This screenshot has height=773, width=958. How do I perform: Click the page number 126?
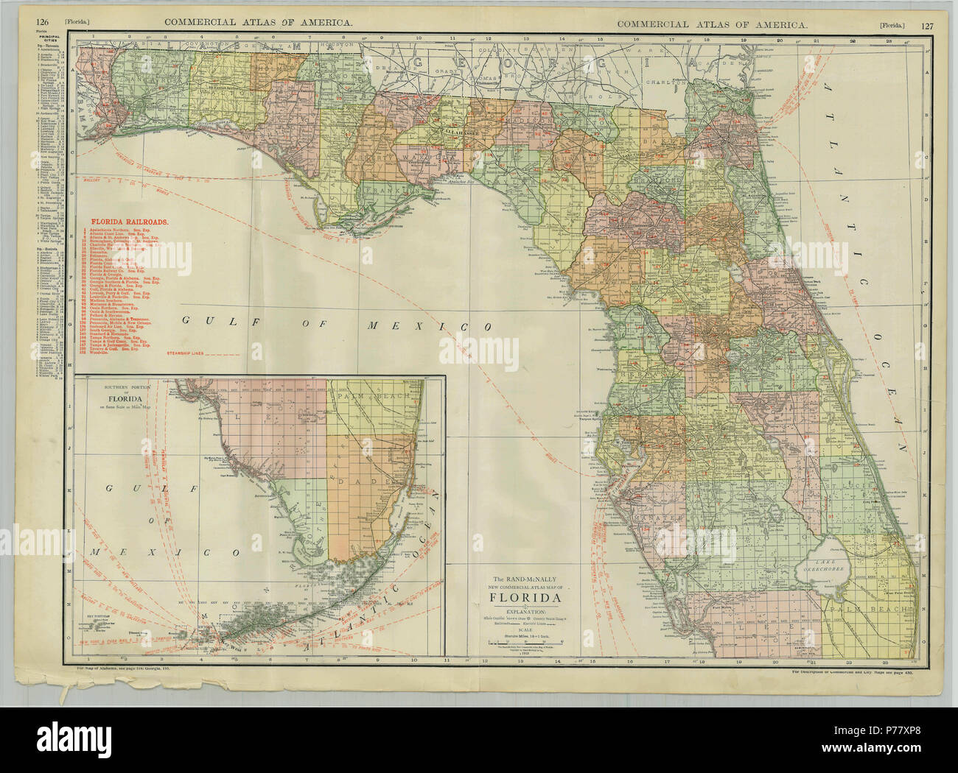click(x=42, y=24)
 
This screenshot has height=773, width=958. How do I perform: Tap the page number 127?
click(x=926, y=25)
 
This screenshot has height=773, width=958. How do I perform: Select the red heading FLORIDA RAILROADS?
click(x=129, y=220)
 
